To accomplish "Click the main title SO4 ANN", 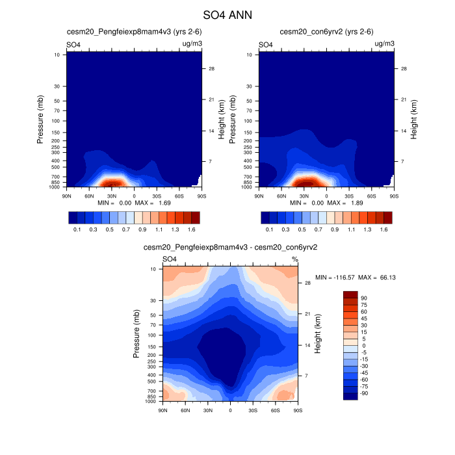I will click(227, 14).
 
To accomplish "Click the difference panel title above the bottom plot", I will click(230, 248).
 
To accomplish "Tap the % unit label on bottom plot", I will click(294, 259).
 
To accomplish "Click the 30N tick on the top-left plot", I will click(111, 194).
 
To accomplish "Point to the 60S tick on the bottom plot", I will click(275, 410).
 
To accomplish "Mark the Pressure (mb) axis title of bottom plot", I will click(136, 333).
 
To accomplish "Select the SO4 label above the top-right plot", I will click(266, 45).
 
